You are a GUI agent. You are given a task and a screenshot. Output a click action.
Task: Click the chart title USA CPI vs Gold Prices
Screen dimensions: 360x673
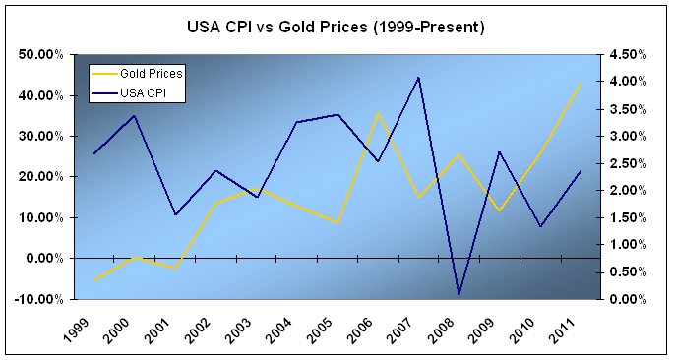[x=336, y=28]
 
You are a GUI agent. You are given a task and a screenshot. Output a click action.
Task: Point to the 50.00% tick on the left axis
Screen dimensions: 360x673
[x=43, y=54]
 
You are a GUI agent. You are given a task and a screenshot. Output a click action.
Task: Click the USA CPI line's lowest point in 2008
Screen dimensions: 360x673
[x=459, y=294]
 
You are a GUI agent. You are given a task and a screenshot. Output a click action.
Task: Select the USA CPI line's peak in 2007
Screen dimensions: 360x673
[x=418, y=78]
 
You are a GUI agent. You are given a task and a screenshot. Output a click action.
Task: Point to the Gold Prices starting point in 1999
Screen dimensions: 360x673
[x=95, y=280]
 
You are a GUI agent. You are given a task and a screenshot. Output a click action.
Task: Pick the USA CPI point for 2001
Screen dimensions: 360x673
[x=176, y=214]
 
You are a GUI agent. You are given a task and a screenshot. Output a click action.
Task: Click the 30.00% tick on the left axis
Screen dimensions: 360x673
[x=43, y=136]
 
